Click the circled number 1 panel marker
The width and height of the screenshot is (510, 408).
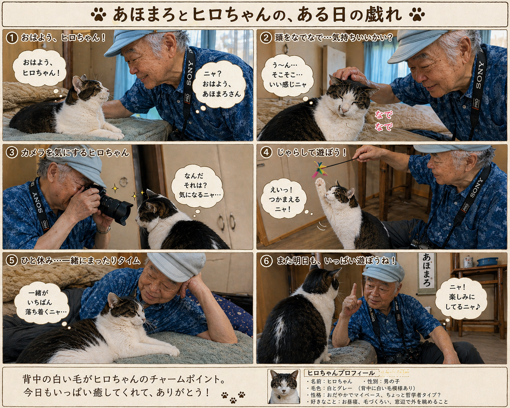click(12, 38)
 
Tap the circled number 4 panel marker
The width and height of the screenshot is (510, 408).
click(266, 152)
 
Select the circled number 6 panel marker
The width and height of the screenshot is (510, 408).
click(266, 261)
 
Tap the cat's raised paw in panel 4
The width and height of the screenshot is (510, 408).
click(320, 184)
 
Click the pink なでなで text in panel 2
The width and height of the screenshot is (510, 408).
click(383, 121)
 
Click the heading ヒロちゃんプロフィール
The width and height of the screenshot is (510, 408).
click(341, 373)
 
